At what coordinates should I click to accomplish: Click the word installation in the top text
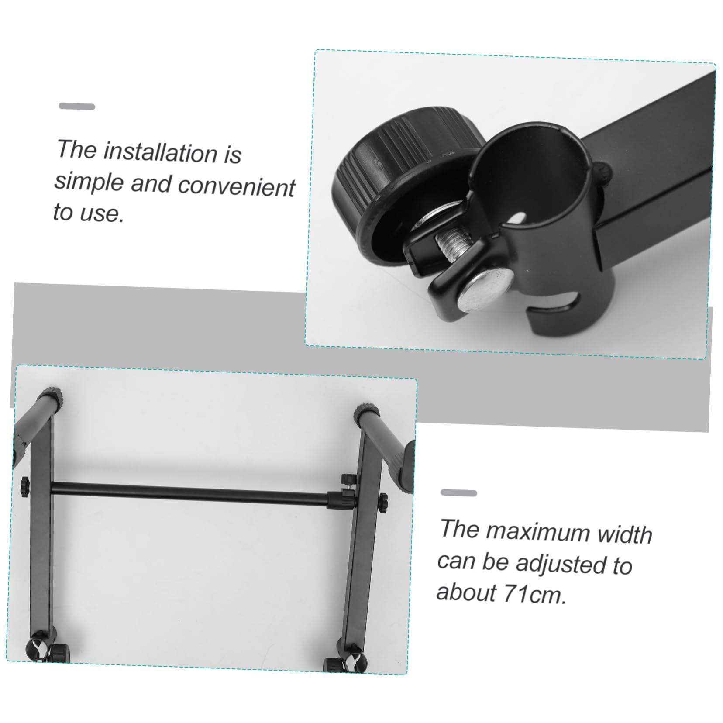point(160,152)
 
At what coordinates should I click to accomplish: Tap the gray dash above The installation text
point(76,107)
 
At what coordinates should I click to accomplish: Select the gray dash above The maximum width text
point(458,493)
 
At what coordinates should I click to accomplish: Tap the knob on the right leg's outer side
point(383,503)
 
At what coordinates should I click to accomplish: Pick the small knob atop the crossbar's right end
point(348,479)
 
